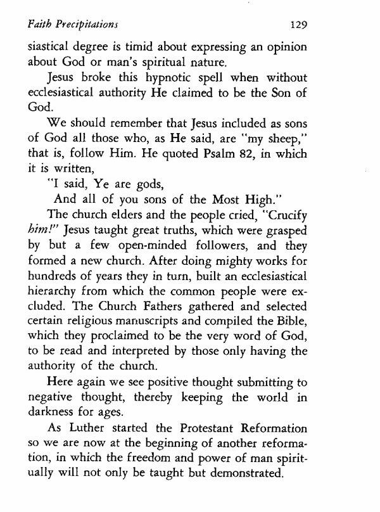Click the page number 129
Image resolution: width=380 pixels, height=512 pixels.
pyautogui.click(x=296, y=25)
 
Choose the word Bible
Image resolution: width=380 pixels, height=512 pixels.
pyautogui.click(x=293, y=342)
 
